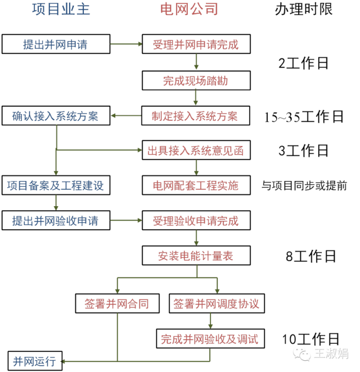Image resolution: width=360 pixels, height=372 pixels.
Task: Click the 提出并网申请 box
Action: pyautogui.click(x=55, y=44)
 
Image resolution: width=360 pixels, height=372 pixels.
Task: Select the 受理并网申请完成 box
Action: pyautogui.click(x=195, y=44)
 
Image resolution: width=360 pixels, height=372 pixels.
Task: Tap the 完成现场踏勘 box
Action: pyautogui.click(x=195, y=80)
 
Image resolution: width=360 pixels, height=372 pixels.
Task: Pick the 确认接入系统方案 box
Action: pyautogui.click(x=55, y=116)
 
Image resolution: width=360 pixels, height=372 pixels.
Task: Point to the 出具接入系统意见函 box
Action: pyautogui.click(x=195, y=151)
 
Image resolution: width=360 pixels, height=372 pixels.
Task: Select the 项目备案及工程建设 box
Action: pyautogui.click(x=55, y=185)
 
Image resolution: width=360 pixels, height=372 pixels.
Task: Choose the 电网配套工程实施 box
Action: pyautogui.click(x=195, y=185)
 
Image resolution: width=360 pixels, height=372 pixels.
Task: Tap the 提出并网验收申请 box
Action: pyautogui.click(x=55, y=220)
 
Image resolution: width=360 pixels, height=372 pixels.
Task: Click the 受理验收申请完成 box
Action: pyautogui.click(x=195, y=220)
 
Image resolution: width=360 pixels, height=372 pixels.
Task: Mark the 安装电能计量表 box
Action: pyautogui.click(x=195, y=256)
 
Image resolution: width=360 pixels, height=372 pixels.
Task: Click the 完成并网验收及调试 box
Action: pyautogui.click(x=209, y=339)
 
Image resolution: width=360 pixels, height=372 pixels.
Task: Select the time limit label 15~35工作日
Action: pyautogui.click(x=304, y=117)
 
